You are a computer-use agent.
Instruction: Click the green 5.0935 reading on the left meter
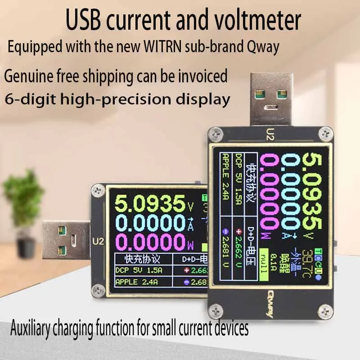click(150, 204)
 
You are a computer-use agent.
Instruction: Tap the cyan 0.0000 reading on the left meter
click(150, 223)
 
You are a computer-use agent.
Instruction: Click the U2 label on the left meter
click(99, 242)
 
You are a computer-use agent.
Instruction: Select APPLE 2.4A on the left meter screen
click(135, 283)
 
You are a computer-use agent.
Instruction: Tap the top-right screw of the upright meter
click(325, 133)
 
